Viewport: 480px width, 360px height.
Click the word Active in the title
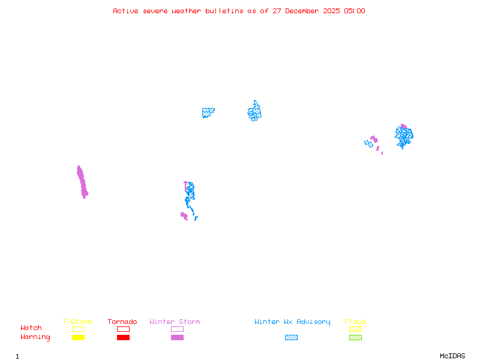[x=125, y=11]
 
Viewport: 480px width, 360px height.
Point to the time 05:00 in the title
[x=354, y=11]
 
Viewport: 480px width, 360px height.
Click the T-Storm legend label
[x=77, y=322]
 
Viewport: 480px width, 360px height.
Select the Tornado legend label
[x=122, y=322]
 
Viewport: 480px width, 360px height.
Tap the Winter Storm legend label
[x=175, y=322]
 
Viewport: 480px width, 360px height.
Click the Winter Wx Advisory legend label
[x=292, y=322]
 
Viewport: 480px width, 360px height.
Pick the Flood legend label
[x=355, y=322]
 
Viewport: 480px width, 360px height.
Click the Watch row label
[x=31, y=328]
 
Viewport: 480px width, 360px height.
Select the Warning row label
[x=35, y=337]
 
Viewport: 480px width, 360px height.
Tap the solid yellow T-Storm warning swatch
[x=78, y=338]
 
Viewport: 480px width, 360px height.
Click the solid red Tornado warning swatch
[x=123, y=338]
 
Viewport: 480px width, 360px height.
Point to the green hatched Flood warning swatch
[x=355, y=338]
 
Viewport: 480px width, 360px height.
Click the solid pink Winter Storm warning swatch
[x=177, y=338]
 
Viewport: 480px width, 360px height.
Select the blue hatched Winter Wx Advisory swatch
[x=291, y=338]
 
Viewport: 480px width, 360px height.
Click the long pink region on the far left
[x=82, y=182]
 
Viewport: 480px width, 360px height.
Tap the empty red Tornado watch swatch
[x=123, y=329]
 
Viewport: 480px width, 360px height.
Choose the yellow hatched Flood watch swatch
[x=355, y=329]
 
